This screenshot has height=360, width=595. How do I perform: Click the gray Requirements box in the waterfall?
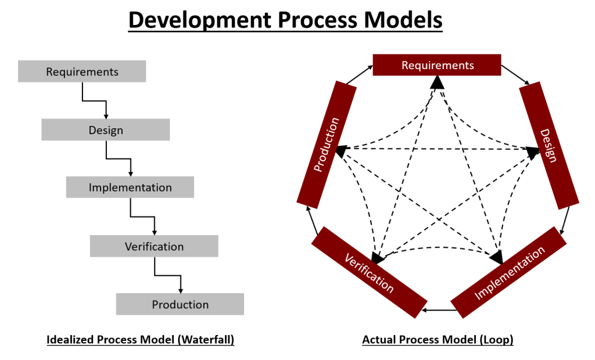click(82, 71)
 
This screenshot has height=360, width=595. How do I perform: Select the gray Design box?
click(105, 129)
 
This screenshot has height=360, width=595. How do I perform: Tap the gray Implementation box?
click(130, 188)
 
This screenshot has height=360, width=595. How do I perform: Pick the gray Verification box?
click(154, 246)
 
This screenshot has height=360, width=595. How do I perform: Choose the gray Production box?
click(180, 304)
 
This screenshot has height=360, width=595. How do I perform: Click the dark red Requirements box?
click(437, 65)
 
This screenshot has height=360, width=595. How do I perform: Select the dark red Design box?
click(549, 145)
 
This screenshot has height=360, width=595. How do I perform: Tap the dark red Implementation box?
click(509, 273)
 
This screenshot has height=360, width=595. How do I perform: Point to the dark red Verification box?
click(368, 272)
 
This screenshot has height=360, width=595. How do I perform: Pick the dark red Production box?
click(327, 145)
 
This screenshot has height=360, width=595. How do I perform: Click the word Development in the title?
click(198, 20)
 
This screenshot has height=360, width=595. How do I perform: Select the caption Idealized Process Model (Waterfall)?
click(140, 340)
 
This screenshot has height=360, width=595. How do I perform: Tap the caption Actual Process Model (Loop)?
click(438, 340)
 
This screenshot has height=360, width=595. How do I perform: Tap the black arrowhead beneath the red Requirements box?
click(437, 83)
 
